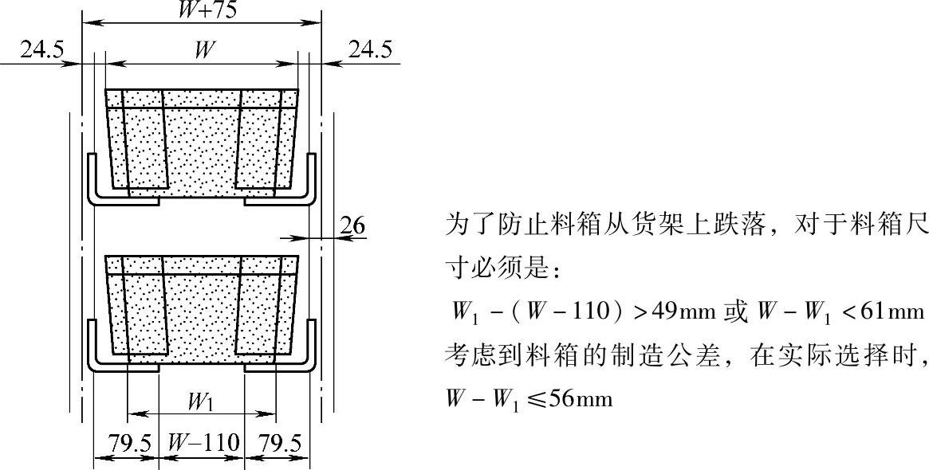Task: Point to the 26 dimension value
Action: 352,227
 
